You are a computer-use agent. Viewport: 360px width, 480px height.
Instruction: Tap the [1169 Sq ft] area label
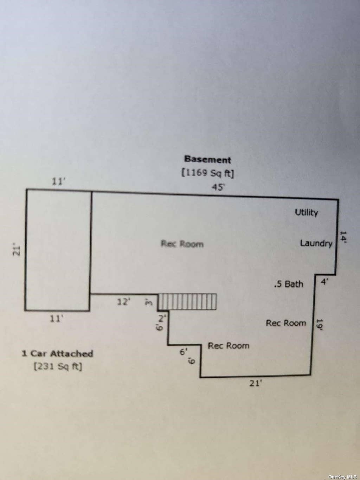208,173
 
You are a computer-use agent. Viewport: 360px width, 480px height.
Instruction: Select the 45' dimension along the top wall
218,187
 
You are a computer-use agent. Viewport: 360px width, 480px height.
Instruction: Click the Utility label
306,212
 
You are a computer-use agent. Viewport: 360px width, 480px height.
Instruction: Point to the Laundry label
316,243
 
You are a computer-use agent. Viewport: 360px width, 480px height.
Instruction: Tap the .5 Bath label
289,284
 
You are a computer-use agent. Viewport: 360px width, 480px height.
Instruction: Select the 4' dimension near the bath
324,282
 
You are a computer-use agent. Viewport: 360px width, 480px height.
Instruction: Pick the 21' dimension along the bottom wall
255,383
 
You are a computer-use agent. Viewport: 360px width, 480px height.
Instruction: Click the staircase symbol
187,302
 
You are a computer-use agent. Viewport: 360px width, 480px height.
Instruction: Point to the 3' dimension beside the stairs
148,302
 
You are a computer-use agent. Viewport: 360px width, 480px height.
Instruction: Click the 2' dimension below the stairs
162,318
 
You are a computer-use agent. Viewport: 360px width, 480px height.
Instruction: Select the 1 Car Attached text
57,354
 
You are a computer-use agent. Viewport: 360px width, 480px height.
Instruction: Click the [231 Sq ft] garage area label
58,366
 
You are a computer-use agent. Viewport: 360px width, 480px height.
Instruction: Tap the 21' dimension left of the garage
17,249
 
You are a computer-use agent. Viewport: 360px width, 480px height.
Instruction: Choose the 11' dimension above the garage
59,181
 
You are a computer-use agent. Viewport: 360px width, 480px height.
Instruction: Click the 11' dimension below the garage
56,319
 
